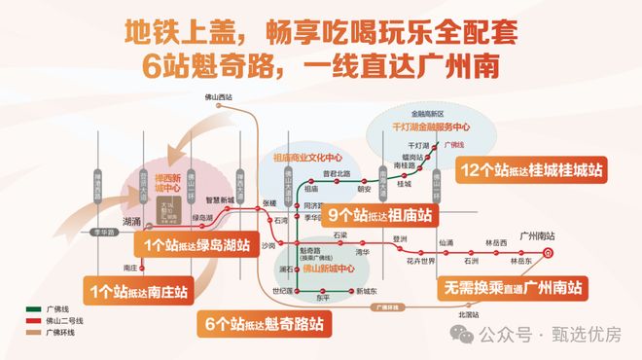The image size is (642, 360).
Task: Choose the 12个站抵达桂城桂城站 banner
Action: coord(533,169)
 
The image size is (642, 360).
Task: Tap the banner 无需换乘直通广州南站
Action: coord(513,288)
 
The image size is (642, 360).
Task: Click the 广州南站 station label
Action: coord(537,236)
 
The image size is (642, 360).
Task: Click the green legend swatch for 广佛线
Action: coord(31,308)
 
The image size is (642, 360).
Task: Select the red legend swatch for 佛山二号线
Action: coord(31,320)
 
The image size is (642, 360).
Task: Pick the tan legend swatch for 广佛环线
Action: coord(31,332)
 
